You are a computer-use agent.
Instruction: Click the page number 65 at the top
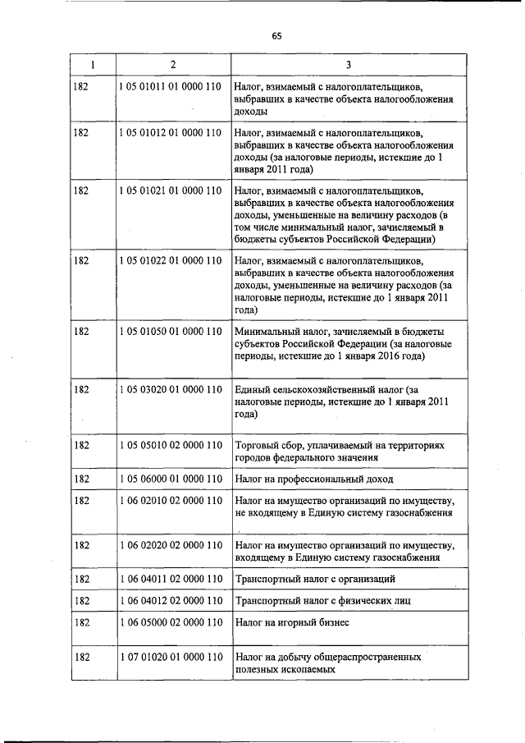coord(276,35)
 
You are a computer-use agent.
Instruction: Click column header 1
coord(92,64)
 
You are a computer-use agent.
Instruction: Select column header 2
coord(172,64)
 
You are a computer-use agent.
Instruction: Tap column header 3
coord(348,64)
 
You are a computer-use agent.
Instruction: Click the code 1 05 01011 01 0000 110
coord(171,85)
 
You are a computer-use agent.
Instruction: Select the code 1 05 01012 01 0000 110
coord(171,131)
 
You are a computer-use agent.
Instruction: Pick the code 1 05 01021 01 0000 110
coord(171,190)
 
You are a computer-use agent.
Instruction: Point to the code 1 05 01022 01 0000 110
coord(171,260)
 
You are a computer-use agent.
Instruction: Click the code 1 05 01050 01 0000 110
coord(171,331)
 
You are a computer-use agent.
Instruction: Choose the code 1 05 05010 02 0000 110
coord(171,445)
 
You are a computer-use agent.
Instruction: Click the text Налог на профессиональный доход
coord(313,479)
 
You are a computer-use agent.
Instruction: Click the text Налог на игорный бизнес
coord(292,623)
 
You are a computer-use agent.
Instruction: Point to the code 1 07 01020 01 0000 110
coord(171,658)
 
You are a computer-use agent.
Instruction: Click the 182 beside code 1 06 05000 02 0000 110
coord(81,623)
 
